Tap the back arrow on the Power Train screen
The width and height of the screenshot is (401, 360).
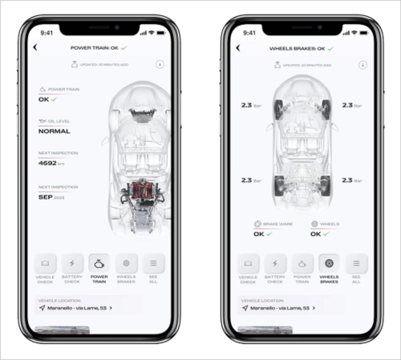coord(35,48)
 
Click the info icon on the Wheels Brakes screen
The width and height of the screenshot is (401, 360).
coord(363,64)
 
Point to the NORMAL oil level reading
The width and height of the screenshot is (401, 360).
coord(54,131)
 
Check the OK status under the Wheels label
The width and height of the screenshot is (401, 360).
coord(318,234)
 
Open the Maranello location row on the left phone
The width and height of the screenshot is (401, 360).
coord(77,307)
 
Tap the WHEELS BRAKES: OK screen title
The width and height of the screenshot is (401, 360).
coord(301,48)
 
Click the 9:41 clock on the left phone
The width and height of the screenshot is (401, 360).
coord(47,33)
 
